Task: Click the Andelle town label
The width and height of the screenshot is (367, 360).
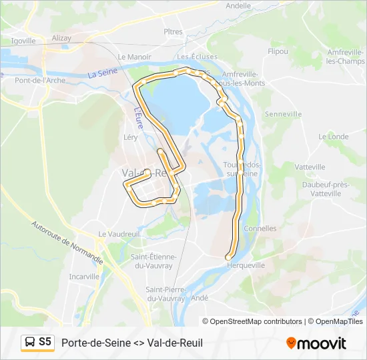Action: click(x=238, y=5)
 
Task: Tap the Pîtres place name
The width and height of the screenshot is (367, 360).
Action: click(x=173, y=31)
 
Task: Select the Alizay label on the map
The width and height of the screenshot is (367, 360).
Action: click(x=61, y=38)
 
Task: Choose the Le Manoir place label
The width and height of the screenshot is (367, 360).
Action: click(x=139, y=57)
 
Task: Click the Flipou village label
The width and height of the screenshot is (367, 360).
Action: click(x=277, y=51)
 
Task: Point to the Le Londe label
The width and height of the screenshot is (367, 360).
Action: click(x=333, y=137)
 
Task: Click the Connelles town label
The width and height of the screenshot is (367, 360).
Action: click(x=260, y=229)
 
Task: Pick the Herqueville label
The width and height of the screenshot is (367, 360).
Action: click(x=246, y=265)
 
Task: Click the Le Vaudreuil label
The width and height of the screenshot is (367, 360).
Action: click(x=117, y=234)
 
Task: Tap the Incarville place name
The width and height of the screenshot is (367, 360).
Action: click(x=84, y=276)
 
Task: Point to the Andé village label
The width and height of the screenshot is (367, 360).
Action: click(x=200, y=299)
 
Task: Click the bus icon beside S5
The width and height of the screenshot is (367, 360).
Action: click(x=30, y=343)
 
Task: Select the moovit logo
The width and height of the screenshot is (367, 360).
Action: click(x=316, y=343)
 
